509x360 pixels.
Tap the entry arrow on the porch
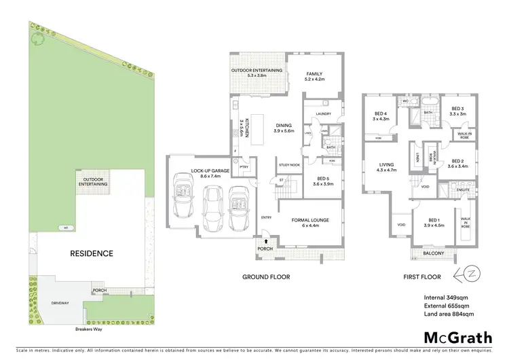coord(266,240)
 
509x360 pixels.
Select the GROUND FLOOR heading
coord(266,277)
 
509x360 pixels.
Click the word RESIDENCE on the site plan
coord(92,253)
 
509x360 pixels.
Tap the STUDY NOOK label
coord(290,165)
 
